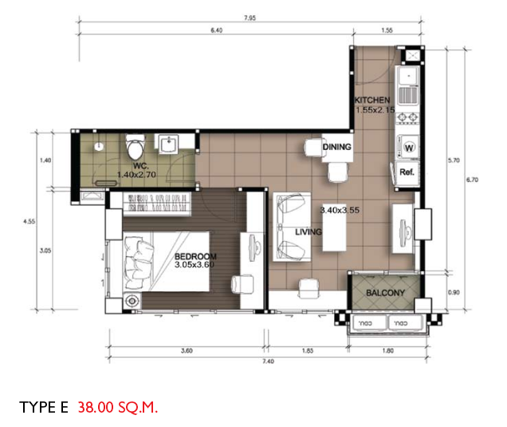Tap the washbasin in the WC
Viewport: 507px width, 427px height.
pos(168,144)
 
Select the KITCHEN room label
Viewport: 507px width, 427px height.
pos(372,100)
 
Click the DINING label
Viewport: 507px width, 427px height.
pos(337,147)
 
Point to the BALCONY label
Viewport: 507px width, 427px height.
pos(385,293)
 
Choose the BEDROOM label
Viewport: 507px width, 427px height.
pos(195,256)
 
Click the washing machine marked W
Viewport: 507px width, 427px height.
pos(408,148)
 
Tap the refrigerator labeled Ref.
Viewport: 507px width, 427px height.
pos(407,173)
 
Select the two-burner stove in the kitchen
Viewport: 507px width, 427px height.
pos(408,117)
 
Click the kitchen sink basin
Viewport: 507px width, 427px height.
pos(408,77)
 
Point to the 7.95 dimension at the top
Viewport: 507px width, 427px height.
pos(250,18)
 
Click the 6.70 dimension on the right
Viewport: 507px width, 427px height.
pos(472,180)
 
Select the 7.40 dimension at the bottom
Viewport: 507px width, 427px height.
pos(269,362)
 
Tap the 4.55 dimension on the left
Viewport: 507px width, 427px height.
pos(29,222)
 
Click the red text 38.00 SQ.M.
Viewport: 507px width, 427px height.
pos(118,407)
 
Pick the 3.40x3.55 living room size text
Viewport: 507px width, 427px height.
pos(340,210)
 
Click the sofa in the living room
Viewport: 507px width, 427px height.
pos(292,227)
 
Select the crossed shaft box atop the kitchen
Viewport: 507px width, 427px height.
pos(412,55)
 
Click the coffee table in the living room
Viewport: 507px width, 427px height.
pos(334,232)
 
